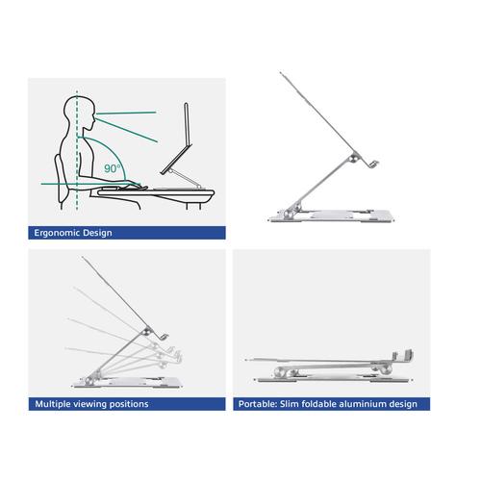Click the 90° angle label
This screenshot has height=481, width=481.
click(114, 168)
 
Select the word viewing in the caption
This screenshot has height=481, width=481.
click(98, 404)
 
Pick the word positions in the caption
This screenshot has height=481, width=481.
click(134, 404)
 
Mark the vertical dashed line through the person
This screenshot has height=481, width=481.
click(73, 154)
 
